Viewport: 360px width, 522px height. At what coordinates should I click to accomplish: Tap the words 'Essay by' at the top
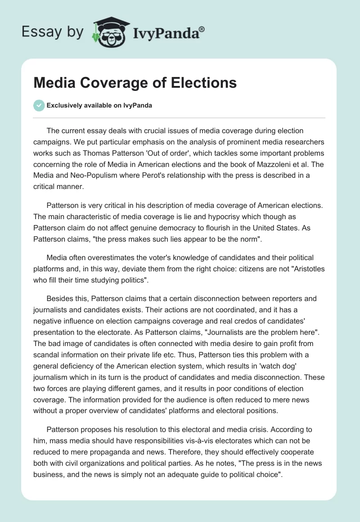[x=53, y=32]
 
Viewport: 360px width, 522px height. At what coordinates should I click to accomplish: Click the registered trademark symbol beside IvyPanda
[x=202, y=29]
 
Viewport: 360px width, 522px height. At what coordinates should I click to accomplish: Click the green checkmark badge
[x=39, y=106]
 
